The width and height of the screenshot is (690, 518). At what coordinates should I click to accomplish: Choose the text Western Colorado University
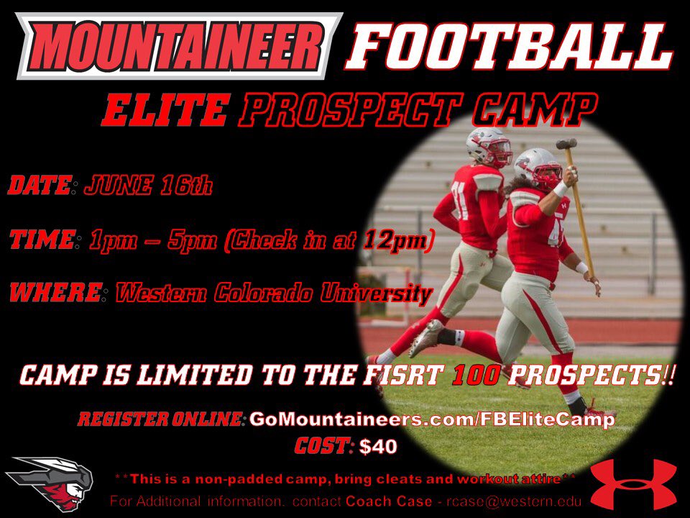[274, 293]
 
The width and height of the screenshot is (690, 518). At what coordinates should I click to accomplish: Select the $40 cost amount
[377, 447]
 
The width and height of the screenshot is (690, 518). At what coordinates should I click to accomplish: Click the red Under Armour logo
[632, 475]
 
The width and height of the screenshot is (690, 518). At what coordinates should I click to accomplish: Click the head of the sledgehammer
[566, 143]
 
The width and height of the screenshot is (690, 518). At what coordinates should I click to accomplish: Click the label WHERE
[54, 293]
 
